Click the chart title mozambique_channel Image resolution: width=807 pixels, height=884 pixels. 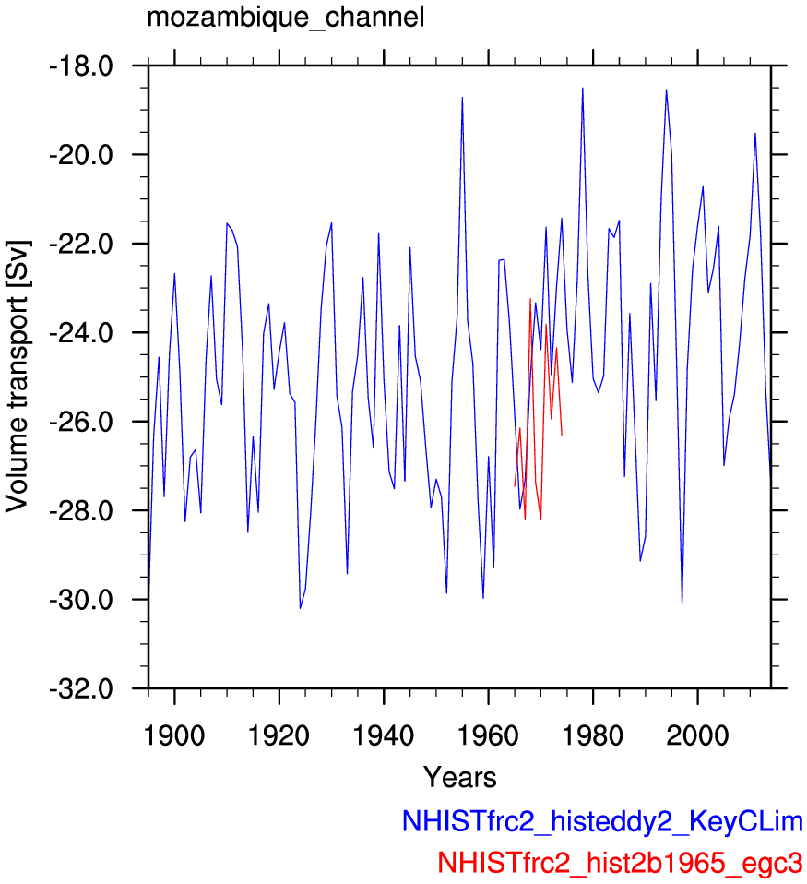(285, 18)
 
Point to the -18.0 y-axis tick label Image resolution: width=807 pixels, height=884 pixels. (82, 66)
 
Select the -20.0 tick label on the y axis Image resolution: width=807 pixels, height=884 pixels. (82, 155)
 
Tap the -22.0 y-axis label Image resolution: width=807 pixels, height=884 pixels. (82, 245)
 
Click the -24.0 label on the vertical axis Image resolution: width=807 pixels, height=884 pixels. (82, 333)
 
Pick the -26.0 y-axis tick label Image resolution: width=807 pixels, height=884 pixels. (82, 423)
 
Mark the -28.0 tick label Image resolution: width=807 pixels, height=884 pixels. (82, 511)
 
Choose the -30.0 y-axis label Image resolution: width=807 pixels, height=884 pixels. (82, 600)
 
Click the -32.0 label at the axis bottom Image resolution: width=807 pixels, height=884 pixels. (82, 689)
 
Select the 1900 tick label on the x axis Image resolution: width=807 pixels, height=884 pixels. (174, 736)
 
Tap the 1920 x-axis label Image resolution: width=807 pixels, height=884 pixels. (279, 736)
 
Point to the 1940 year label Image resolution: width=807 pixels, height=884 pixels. (384, 736)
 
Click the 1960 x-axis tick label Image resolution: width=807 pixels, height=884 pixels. (488, 736)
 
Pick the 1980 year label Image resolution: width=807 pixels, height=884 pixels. (593, 736)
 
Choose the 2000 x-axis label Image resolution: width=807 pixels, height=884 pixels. (697, 736)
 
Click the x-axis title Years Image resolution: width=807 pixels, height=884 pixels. (460, 778)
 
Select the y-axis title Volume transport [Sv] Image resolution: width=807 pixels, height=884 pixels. (17, 376)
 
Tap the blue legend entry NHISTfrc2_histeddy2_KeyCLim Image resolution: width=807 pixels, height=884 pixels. (602, 822)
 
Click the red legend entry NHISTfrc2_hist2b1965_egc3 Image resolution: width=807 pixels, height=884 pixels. (620, 863)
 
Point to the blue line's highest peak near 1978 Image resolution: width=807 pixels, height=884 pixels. (583, 88)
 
